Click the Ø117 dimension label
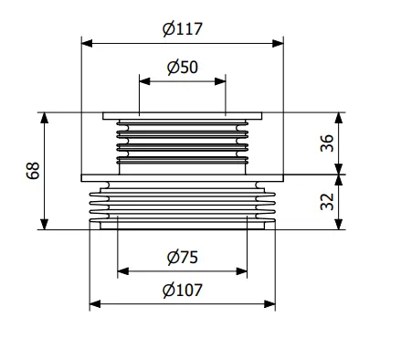pyautogui.click(x=182, y=29)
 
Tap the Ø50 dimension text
pyautogui.click(x=183, y=67)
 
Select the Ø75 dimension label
pyautogui.click(x=183, y=257)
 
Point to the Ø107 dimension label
pyautogui.click(x=182, y=290)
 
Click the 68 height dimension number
pyautogui.click(x=33, y=171)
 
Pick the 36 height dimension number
pyautogui.click(x=327, y=143)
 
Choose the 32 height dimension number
pyautogui.click(x=327, y=202)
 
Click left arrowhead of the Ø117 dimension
pyautogui.click(x=87, y=43)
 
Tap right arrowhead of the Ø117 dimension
pyautogui.click(x=278, y=43)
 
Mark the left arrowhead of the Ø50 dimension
pyautogui.click(x=144, y=81)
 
